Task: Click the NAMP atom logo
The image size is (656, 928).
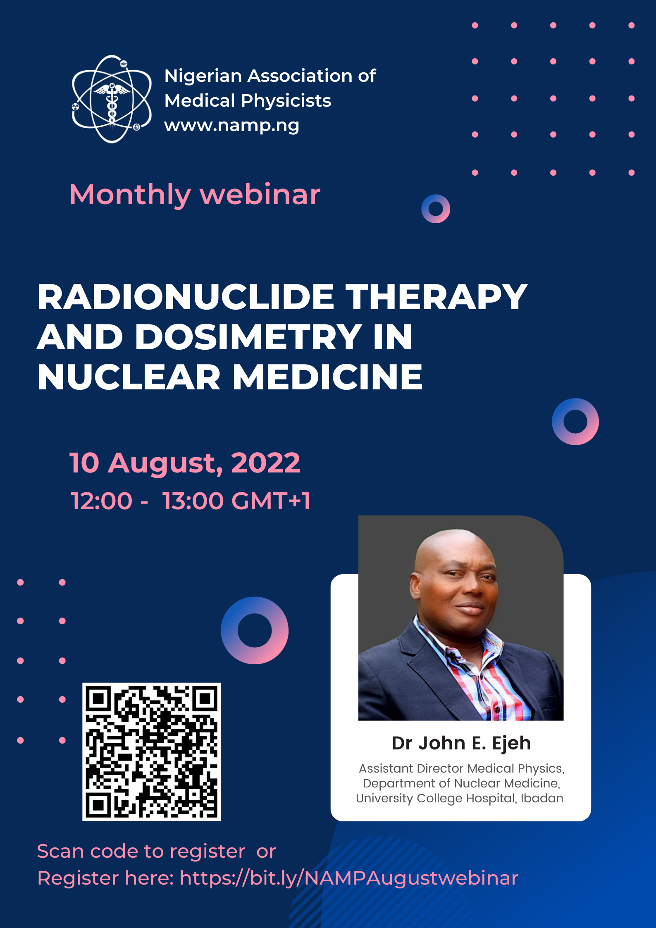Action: (112, 99)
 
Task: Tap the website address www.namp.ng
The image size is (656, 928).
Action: (231, 125)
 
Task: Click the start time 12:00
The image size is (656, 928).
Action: (101, 501)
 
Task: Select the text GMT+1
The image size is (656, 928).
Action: (271, 501)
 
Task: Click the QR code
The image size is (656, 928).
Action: (151, 751)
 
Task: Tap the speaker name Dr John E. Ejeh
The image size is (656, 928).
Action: (461, 743)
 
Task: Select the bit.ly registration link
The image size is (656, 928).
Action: (348, 878)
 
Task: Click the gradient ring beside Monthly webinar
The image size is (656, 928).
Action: (436, 209)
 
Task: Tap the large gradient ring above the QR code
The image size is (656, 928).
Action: (255, 630)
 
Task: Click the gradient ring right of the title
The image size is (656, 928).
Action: (575, 422)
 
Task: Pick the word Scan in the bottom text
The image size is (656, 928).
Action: (60, 852)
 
